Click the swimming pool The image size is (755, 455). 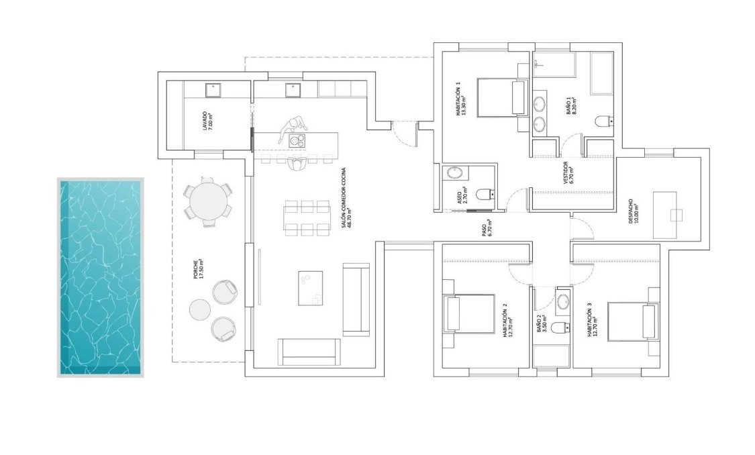(x=101, y=277)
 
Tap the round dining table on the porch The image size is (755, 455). (x=208, y=201)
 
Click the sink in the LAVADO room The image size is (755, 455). (x=213, y=90)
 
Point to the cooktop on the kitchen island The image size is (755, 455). (x=296, y=140)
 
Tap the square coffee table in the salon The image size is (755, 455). (x=310, y=287)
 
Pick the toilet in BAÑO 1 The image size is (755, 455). (x=604, y=121)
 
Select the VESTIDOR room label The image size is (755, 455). (x=567, y=172)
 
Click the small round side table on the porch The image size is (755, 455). (x=199, y=310)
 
